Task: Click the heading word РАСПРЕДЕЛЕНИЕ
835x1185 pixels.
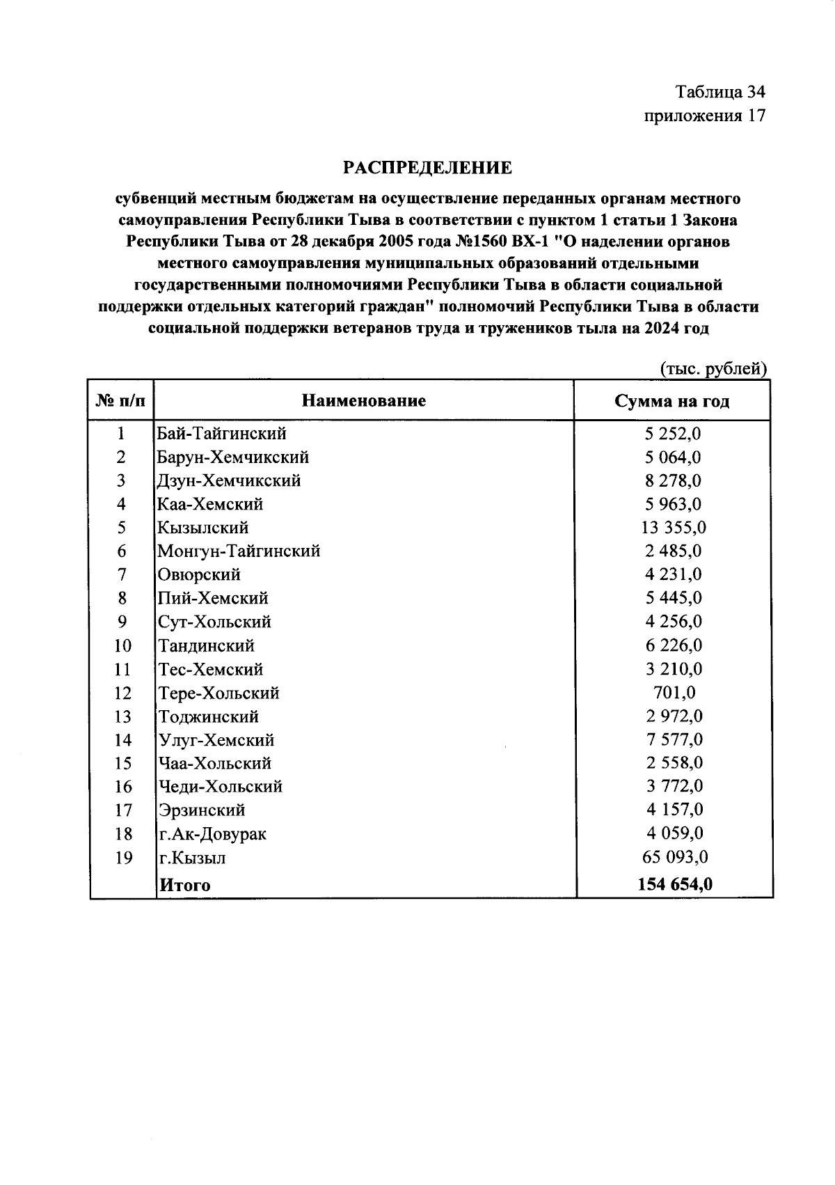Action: tap(428, 168)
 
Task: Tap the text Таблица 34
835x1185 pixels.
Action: tap(720, 92)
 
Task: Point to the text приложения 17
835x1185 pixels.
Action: tap(705, 116)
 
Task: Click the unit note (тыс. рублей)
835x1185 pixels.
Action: tap(713, 368)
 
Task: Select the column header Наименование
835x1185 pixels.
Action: tap(364, 400)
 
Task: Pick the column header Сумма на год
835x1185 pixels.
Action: tap(671, 401)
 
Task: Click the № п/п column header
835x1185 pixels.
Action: tap(121, 401)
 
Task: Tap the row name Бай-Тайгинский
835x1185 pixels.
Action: tap(222, 434)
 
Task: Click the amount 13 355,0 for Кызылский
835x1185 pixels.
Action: tap(673, 528)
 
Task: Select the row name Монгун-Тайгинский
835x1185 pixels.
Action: tap(239, 551)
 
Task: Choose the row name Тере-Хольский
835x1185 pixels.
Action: tap(218, 693)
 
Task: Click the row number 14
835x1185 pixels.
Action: tap(122, 740)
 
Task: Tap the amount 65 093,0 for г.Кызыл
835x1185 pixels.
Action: tap(673, 857)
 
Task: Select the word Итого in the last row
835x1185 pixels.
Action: tap(185, 885)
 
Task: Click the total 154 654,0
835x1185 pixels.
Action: tap(674, 884)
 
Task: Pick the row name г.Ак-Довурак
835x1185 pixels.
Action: tap(212, 834)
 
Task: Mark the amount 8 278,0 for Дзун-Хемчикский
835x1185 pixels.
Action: tap(673, 480)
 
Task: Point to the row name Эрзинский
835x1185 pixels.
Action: tap(202, 810)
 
